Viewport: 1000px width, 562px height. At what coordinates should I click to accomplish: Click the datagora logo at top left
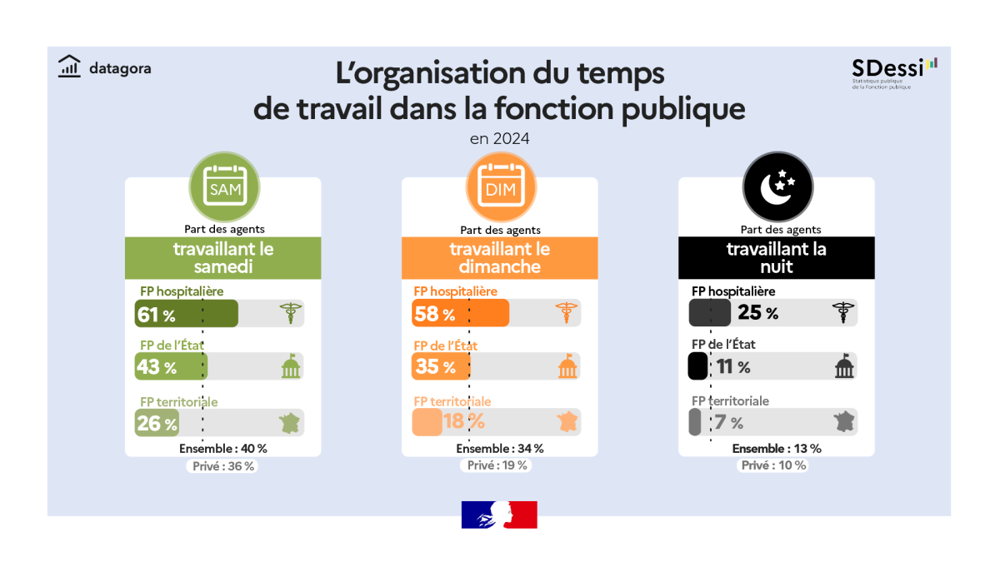(104, 67)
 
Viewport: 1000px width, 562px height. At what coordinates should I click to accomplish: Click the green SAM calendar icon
(225, 189)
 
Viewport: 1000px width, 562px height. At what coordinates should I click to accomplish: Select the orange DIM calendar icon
(502, 189)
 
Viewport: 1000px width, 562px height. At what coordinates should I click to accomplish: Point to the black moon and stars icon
(778, 189)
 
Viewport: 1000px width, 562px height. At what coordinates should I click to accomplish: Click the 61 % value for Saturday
(157, 315)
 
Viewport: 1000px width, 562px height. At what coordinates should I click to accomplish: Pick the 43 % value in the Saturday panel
(157, 367)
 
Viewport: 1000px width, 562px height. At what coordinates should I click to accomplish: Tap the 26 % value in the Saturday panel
(157, 424)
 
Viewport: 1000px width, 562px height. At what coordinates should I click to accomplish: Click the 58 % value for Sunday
(433, 315)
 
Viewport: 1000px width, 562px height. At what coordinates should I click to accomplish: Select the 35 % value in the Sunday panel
(433, 367)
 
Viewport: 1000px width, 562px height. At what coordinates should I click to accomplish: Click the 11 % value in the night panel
(733, 367)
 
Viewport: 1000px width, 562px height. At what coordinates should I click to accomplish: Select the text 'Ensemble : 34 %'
(500, 449)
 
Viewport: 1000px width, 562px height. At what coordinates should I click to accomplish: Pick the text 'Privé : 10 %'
(774, 466)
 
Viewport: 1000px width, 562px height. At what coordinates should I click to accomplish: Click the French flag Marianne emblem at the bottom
(499, 515)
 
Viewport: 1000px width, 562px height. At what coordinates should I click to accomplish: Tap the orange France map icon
(567, 422)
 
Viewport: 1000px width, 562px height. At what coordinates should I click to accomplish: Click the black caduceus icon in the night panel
(843, 313)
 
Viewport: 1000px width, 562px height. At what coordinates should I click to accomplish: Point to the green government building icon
(291, 367)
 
